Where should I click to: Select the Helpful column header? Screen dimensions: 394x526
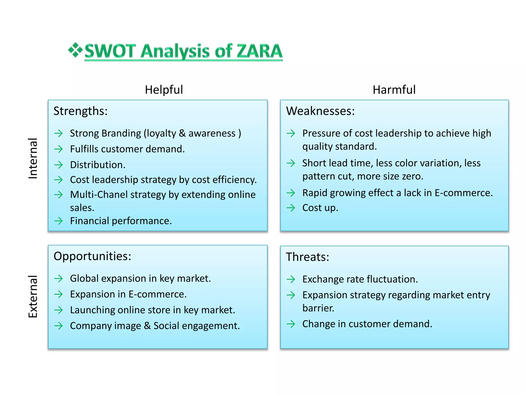[164, 90]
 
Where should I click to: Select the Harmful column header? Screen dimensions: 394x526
[394, 90]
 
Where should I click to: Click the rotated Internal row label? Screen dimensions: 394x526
[33, 158]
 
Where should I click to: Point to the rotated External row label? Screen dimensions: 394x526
[33, 296]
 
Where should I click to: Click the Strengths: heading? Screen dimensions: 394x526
[80, 111]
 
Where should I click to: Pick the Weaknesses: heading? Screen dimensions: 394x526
[320, 111]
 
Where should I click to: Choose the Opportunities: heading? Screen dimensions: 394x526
[92, 256]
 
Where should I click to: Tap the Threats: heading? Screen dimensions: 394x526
[307, 257]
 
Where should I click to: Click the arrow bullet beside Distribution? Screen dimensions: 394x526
[59, 165]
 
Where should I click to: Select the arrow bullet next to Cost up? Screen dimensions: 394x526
[291, 208]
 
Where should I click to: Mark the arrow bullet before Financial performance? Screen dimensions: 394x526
[59, 221]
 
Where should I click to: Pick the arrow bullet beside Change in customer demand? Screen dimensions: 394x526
[291, 324]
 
